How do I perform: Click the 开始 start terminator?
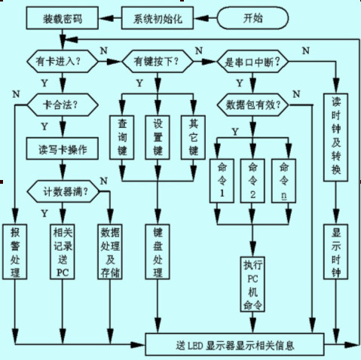252,18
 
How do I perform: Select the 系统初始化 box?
158,18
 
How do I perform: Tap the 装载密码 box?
63,18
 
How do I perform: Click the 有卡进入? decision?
63,61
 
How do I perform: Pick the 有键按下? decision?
158,61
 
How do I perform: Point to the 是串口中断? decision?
252,61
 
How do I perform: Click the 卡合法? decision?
63,105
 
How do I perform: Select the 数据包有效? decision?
252,105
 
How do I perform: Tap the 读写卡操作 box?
63,148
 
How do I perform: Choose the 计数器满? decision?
63,191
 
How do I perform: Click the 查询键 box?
122,137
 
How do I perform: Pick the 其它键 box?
193,137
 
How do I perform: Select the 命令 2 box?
252,181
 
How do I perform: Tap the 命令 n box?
283,181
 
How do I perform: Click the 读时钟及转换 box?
335,137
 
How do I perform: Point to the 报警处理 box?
15,252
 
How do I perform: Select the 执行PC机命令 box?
252,284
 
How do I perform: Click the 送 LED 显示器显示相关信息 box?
234,344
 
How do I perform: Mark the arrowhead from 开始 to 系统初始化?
201,18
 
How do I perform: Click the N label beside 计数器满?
104,181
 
